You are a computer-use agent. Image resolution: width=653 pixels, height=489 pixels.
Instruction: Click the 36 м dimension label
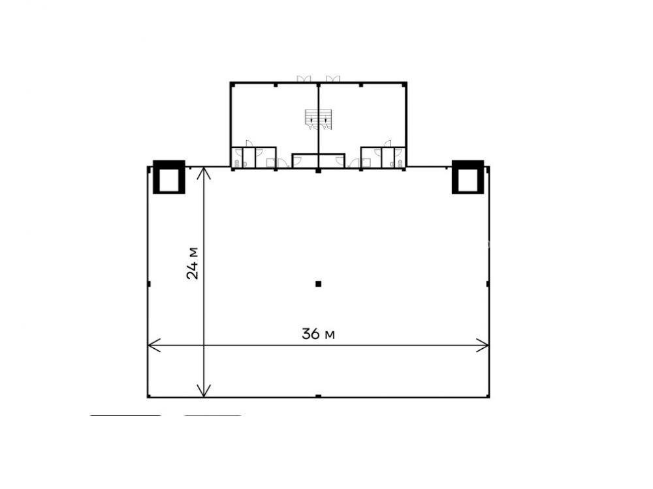click(x=318, y=333)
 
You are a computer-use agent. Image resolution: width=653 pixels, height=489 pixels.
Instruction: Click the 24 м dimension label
click(x=193, y=263)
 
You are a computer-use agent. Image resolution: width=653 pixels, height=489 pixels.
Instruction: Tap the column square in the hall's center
click(x=319, y=284)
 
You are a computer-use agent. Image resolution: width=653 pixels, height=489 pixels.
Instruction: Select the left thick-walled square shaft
click(x=169, y=177)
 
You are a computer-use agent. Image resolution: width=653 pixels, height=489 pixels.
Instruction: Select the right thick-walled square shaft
click(x=468, y=177)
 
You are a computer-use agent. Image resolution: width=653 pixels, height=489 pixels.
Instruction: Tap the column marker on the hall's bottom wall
click(x=319, y=396)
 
